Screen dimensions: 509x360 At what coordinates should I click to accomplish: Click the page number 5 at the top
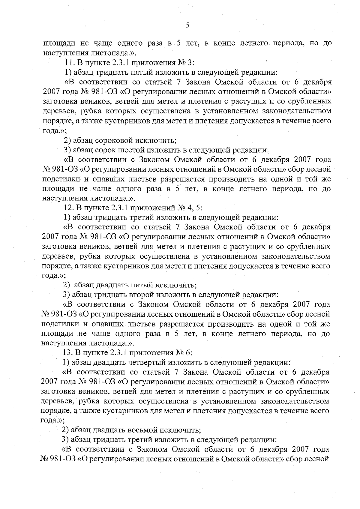(187, 25)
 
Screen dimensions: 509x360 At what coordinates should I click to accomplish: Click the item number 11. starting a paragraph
(70, 63)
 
